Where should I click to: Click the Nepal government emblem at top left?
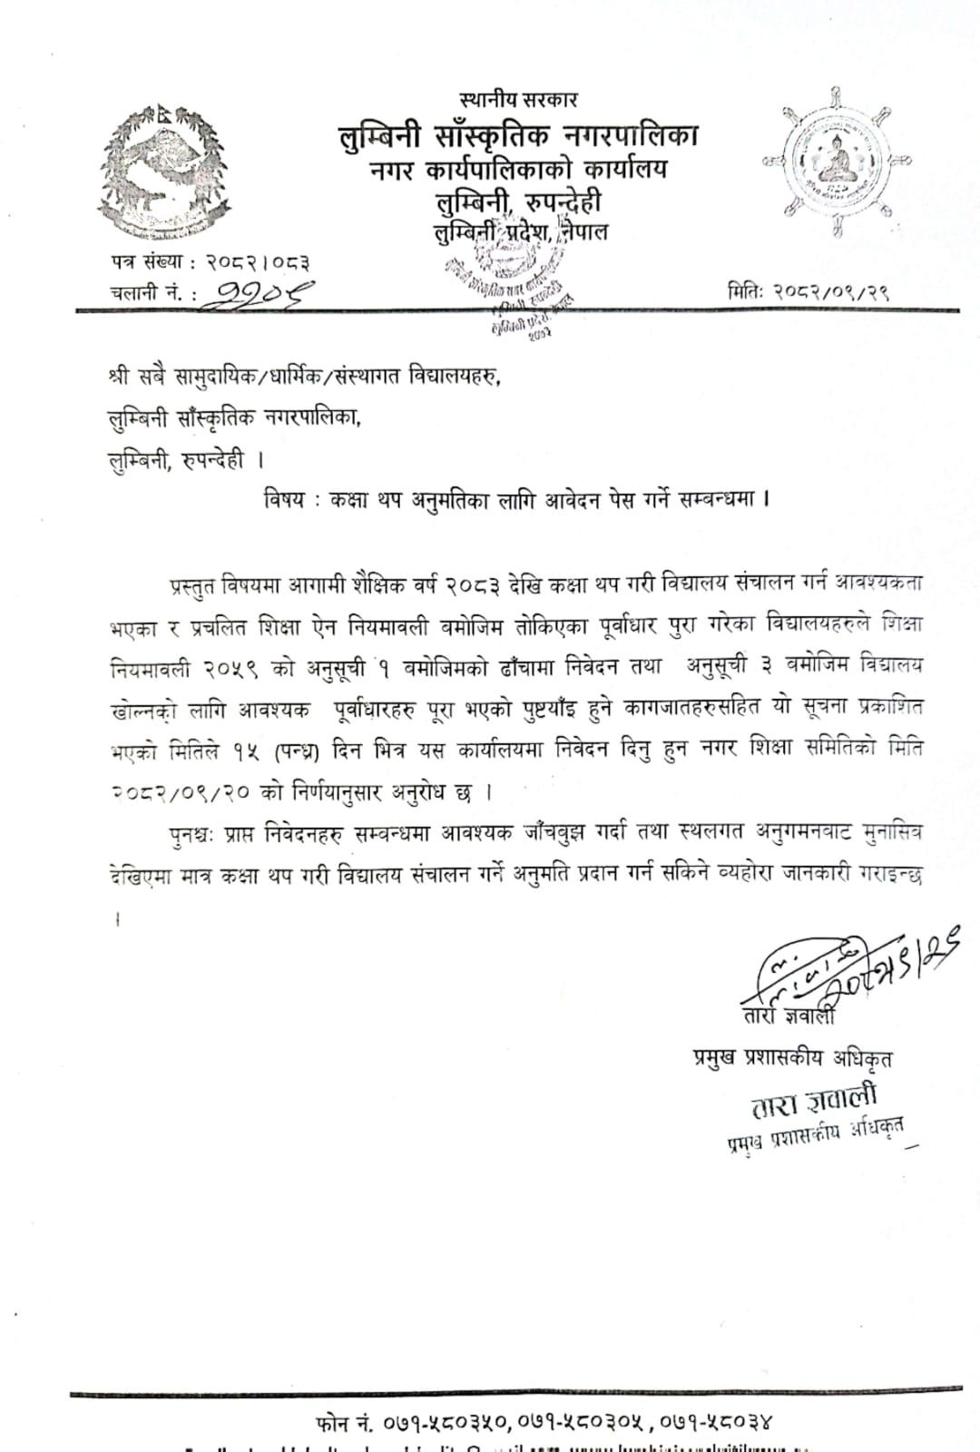pos(162,171)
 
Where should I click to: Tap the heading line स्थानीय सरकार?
pos(518,100)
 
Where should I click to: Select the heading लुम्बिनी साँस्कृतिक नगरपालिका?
pos(517,136)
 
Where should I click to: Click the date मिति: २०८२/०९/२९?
pos(808,291)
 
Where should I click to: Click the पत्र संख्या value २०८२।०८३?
pos(259,263)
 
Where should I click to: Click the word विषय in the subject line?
pos(284,499)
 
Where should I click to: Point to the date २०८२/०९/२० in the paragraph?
pos(180,792)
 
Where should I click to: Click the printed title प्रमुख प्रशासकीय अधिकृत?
pos(792,1058)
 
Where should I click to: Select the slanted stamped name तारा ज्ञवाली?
pos(814,1102)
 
